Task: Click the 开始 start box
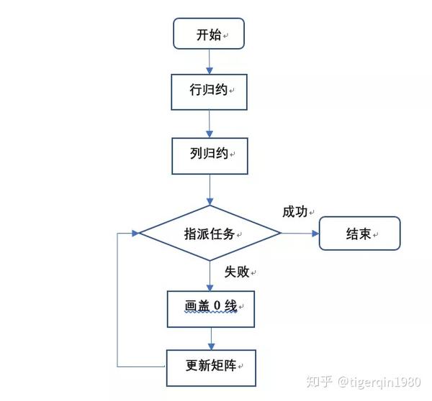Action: (x=209, y=34)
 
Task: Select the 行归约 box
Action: (x=209, y=91)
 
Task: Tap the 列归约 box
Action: (x=209, y=155)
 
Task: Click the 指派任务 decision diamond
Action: (x=209, y=233)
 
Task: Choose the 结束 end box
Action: (x=359, y=234)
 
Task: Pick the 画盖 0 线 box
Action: (x=211, y=308)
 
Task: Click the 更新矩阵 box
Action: (x=211, y=366)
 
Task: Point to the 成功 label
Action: (x=294, y=211)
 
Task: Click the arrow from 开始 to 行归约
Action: (x=209, y=61)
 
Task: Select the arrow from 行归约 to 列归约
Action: (x=209, y=123)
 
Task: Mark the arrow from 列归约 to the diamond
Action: (x=209, y=189)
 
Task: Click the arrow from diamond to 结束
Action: (x=299, y=233)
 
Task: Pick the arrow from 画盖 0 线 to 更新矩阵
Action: (x=210, y=336)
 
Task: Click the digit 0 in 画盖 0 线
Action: (x=215, y=307)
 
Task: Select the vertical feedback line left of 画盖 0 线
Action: (x=117, y=302)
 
